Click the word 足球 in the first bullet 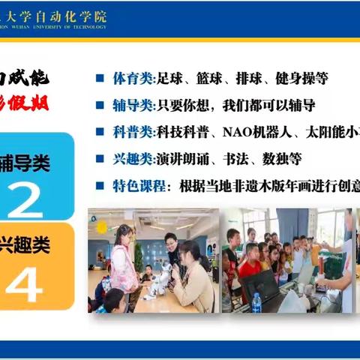(x=169, y=77)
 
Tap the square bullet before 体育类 (x=100, y=77)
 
